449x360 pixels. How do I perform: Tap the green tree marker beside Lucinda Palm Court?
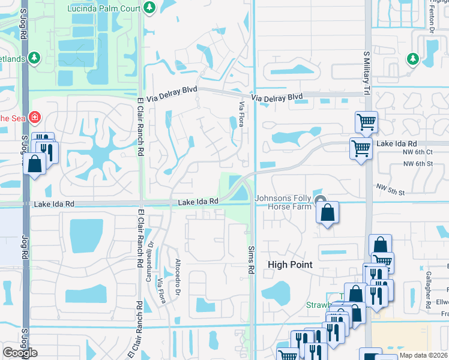click(149, 7)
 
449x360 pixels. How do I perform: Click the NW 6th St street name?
click(418, 164)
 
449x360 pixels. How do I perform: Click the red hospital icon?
click(35, 116)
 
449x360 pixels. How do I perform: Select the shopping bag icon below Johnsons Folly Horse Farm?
click(327, 212)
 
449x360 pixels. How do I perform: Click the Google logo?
click(20, 353)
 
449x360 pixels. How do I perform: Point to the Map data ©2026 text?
click(423, 355)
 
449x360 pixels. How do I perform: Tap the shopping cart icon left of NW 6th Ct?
click(361, 147)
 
